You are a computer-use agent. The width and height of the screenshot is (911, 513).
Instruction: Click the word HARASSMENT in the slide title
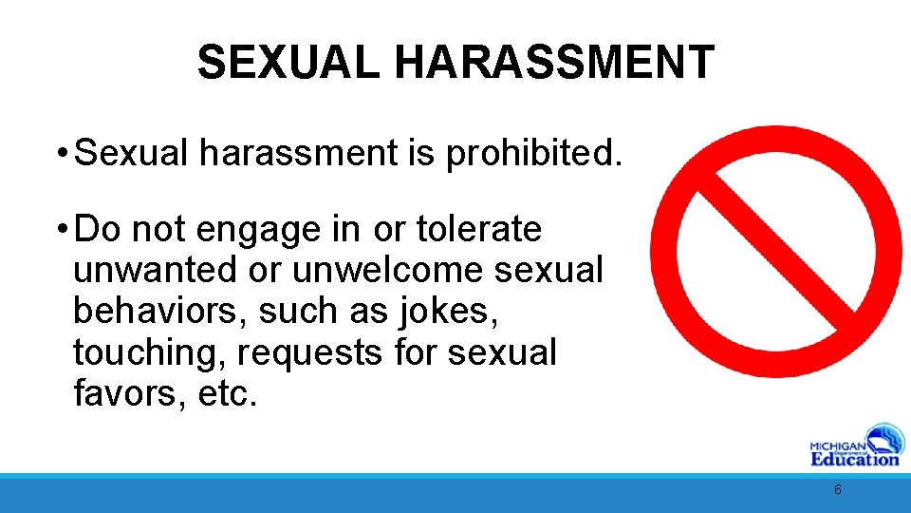pyautogui.click(x=554, y=63)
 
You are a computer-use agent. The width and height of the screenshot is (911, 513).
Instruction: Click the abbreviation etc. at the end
pyautogui.click(x=228, y=392)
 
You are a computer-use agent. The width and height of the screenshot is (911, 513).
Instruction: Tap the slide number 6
pyautogui.click(x=837, y=490)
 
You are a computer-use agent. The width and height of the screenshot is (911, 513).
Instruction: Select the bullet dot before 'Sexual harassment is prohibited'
pyautogui.click(x=60, y=153)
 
